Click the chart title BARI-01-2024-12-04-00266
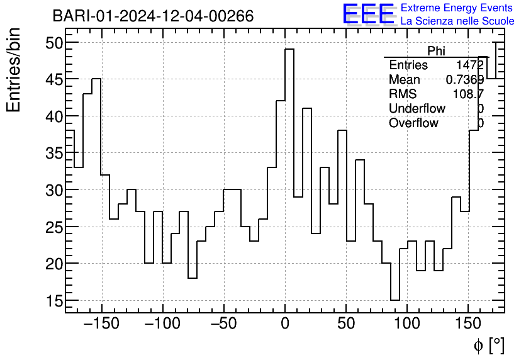[153, 16]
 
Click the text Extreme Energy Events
[457, 8]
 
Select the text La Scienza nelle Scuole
[457, 21]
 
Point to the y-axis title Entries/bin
[14, 70]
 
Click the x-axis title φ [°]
[488, 346]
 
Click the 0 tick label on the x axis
[285, 325]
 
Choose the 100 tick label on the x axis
[407, 325]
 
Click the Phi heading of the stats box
[436, 51]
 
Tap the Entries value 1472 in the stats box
[470, 65]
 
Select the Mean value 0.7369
[464, 80]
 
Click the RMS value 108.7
[468, 94]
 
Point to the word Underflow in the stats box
[417, 109]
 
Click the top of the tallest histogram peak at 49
[289, 49]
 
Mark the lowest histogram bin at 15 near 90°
[394, 300]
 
